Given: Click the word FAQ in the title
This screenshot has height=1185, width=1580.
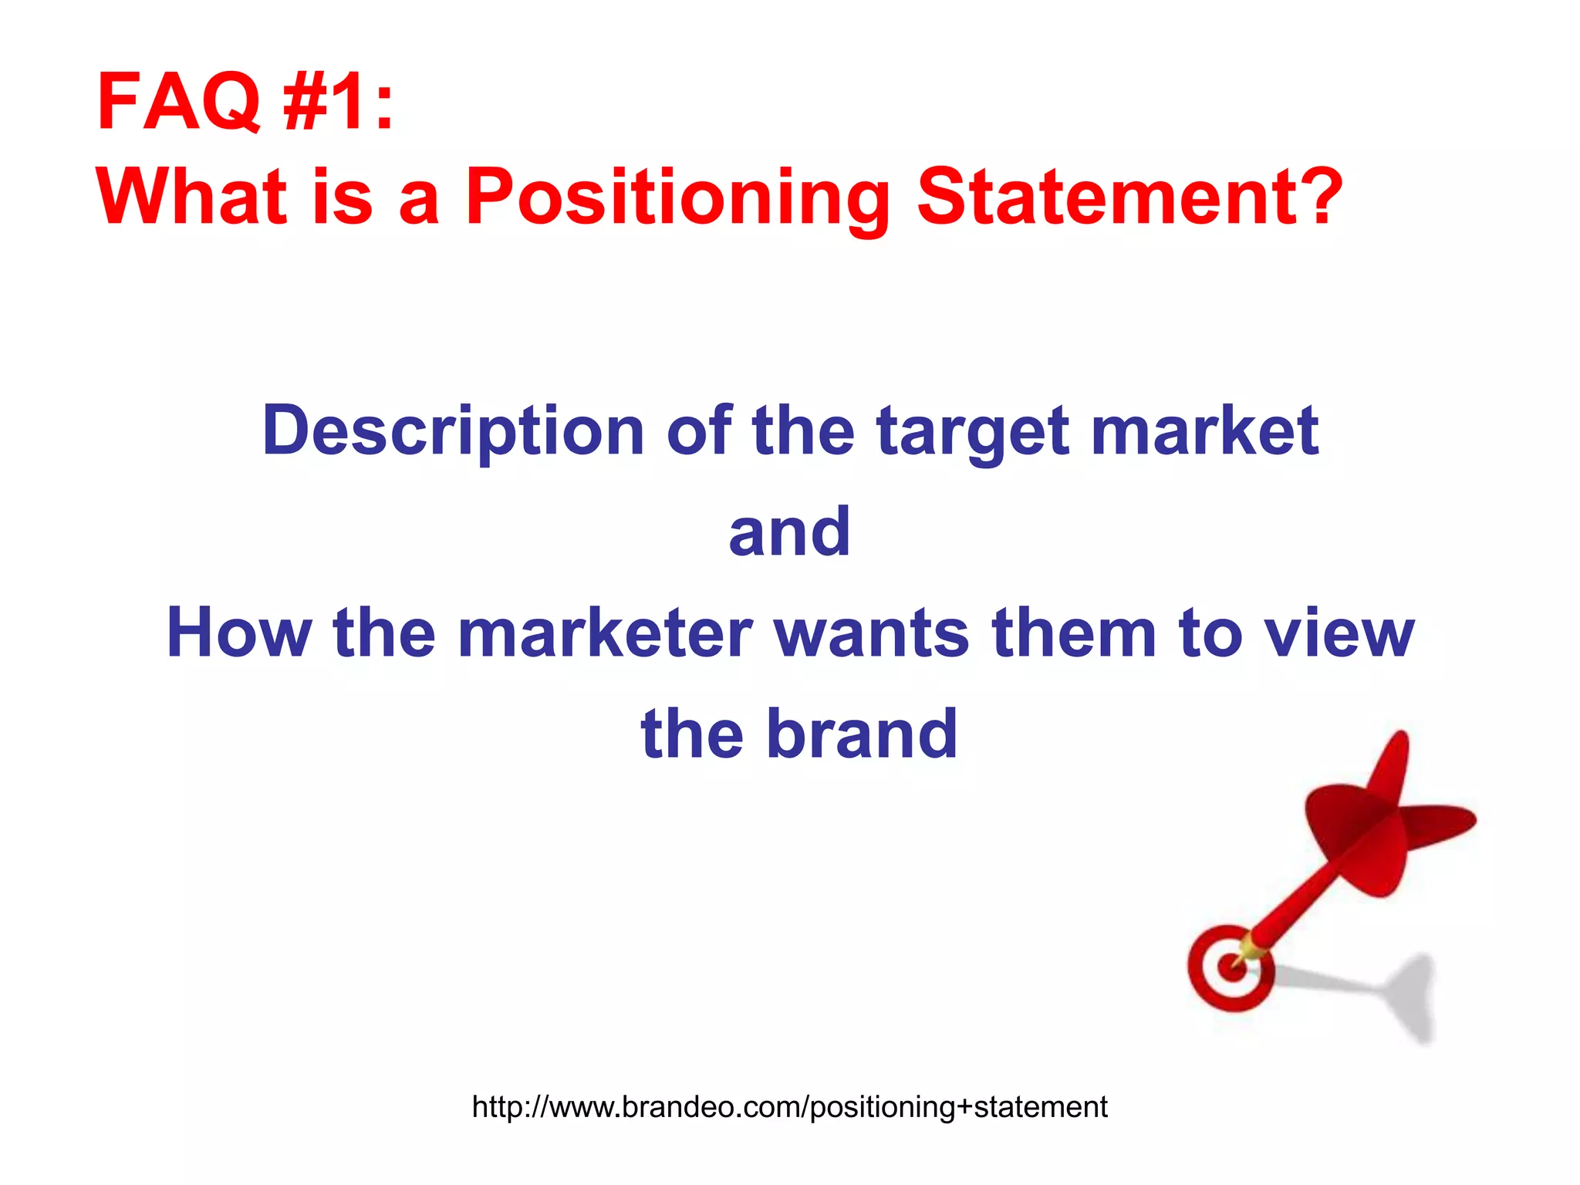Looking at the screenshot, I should point(179,102).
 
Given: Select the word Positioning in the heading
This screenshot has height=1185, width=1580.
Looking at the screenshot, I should point(677,198).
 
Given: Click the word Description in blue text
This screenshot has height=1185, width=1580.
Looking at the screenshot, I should point(453,432).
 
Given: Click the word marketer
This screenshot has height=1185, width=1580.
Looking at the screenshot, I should point(605,633).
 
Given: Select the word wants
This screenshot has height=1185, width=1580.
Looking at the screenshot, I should point(871,633).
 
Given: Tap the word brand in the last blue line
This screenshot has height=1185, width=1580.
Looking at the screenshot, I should point(861,734).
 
